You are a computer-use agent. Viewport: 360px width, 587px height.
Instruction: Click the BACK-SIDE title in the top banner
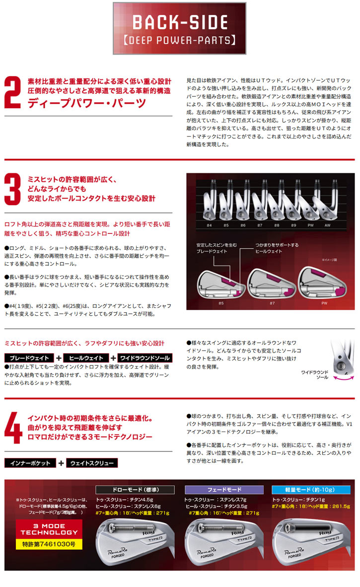tap(179, 22)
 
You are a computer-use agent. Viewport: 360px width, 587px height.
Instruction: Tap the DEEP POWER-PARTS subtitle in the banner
tap(179, 40)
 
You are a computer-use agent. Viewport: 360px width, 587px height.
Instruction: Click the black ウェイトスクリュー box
tap(91, 463)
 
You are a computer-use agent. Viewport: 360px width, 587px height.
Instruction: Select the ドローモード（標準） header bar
tap(135, 489)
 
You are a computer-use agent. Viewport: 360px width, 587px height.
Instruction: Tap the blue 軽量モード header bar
tap(311, 489)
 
